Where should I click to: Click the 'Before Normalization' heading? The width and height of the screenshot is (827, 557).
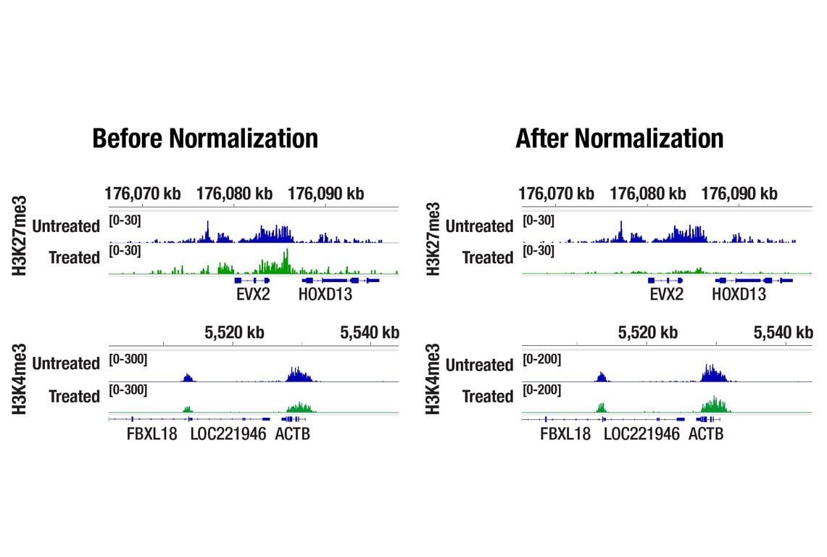(x=205, y=138)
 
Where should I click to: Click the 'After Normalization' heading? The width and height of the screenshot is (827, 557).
(x=619, y=138)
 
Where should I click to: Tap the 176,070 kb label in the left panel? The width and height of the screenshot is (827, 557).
(x=143, y=194)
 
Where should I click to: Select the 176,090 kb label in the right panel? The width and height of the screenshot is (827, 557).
(x=739, y=194)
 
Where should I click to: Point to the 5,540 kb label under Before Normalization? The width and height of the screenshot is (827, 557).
(x=370, y=332)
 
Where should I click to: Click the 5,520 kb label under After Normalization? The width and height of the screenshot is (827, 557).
(x=648, y=332)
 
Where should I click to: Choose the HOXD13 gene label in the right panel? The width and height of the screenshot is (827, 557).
(x=739, y=294)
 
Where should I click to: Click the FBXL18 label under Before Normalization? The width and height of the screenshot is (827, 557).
(x=152, y=434)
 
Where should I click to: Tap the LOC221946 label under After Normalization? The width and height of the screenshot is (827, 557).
(x=641, y=434)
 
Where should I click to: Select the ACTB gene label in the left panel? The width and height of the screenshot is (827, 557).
(x=292, y=434)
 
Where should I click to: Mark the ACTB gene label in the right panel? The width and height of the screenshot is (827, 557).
(x=706, y=434)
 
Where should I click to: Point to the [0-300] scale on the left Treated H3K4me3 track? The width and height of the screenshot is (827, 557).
(x=128, y=390)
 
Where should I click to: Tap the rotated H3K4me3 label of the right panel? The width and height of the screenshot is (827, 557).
(x=433, y=379)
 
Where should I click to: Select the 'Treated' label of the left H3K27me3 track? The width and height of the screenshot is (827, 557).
(x=74, y=257)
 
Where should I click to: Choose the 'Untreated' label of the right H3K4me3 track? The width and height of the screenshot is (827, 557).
(x=479, y=365)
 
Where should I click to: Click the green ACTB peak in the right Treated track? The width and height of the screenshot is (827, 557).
(x=715, y=404)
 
